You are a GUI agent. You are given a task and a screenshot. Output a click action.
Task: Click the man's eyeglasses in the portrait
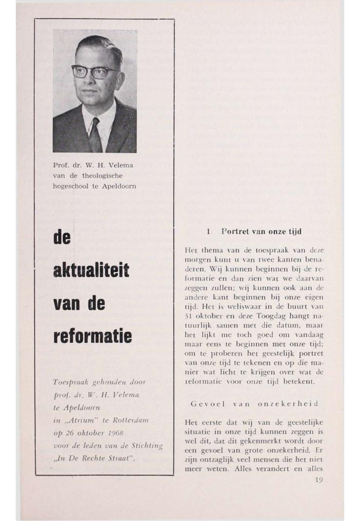(x=94, y=72)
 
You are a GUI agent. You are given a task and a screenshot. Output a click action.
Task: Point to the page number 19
(x=319, y=480)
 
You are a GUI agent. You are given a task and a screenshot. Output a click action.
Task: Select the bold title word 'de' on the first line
(x=62, y=237)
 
